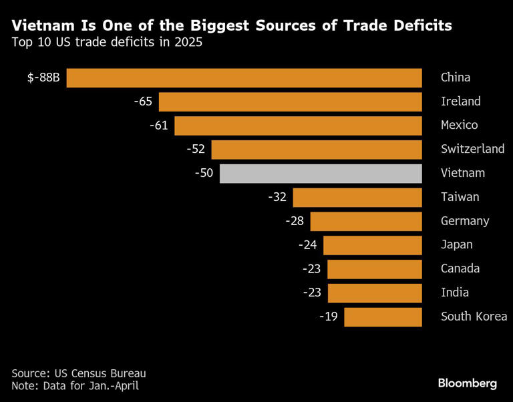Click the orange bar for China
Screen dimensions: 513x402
pyautogui.click(x=244, y=78)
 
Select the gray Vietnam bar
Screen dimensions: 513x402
pyautogui.click(x=321, y=174)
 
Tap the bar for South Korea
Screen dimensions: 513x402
pyautogui.click(x=383, y=317)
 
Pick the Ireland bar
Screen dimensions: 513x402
pyautogui.click(x=291, y=102)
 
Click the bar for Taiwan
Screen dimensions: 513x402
pyautogui.click(x=357, y=198)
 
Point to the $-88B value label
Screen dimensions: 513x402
pyautogui.click(x=43, y=78)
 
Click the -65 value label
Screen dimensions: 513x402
pyautogui.click(x=143, y=102)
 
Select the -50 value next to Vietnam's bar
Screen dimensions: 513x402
pyautogui.click(x=204, y=173)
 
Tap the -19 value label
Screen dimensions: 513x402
pyautogui.click(x=329, y=317)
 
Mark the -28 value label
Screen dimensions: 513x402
pyautogui.click(x=295, y=221)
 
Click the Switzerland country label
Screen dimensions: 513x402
pyautogui.click(x=472, y=149)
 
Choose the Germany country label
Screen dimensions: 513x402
pyautogui.click(x=465, y=222)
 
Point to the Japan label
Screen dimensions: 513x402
pyautogui.click(x=457, y=245)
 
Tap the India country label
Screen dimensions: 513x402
pyautogui.click(x=455, y=292)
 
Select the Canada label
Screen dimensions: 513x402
pyautogui.click(x=460, y=268)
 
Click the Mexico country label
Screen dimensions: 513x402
pyautogui.click(x=460, y=126)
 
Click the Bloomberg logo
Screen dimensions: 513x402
pyautogui.click(x=468, y=383)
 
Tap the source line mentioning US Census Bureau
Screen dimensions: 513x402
pyautogui.click(x=79, y=373)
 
